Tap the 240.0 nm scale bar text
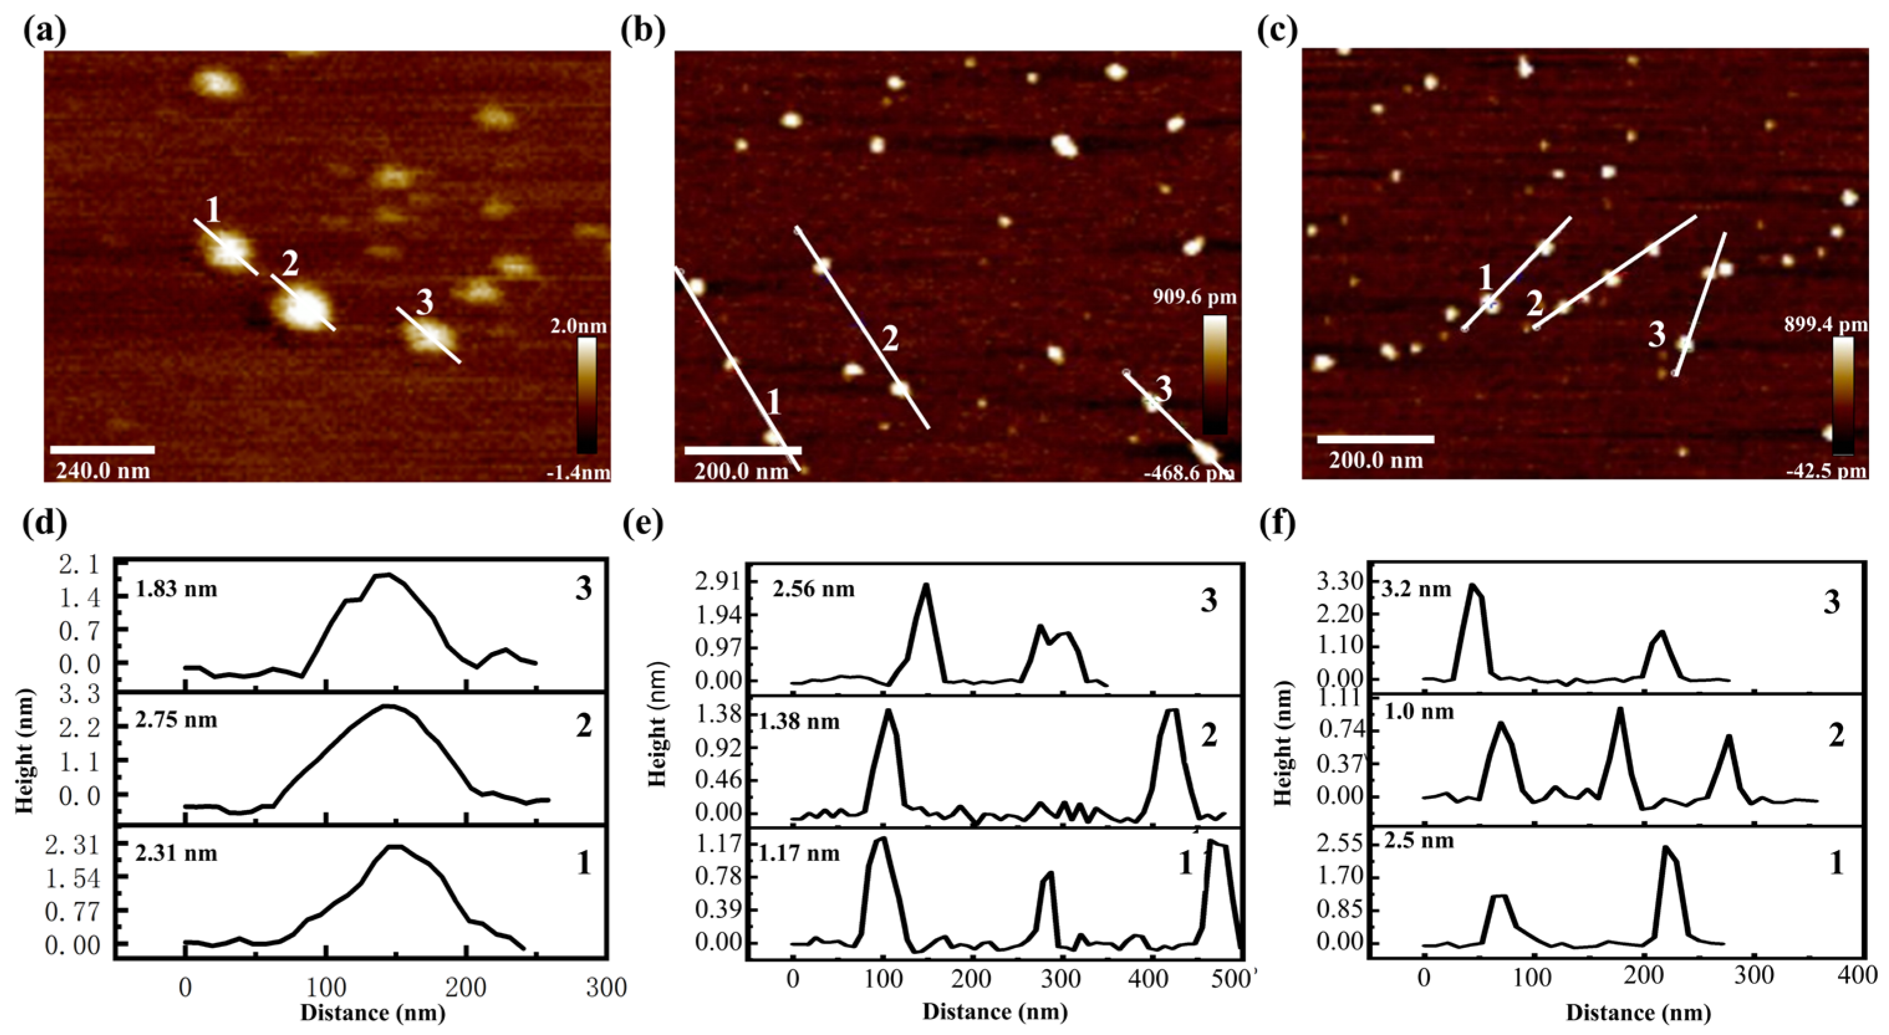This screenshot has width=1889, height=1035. coord(102,470)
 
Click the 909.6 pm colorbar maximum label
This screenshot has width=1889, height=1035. coord(1193,297)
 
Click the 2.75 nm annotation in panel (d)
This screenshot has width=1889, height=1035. coord(176,720)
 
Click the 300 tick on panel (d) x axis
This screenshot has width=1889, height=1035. coord(606,988)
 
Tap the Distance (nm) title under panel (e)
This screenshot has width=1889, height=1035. coord(995,1012)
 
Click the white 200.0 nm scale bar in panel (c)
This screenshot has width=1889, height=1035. coord(1375,439)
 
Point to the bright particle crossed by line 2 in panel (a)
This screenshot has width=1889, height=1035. coord(303,308)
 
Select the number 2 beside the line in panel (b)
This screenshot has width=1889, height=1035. coord(889,339)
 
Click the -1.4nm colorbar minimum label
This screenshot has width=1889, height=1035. coord(578,473)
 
